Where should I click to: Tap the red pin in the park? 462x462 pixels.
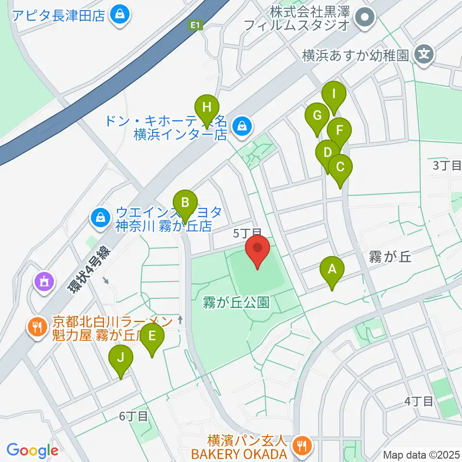tap(258, 250)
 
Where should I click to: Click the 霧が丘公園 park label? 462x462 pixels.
tap(235, 303)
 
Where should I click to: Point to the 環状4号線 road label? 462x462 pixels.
tap(89, 270)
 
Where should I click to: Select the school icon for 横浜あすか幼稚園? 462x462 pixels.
tap(424, 54)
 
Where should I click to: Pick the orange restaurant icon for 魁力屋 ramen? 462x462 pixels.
tap(37, 328)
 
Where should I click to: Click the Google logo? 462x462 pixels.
tap(32, 450)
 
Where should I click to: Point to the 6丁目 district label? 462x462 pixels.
tap(134, 416)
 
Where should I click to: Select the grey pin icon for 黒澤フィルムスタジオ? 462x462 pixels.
tap(364, 18)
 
